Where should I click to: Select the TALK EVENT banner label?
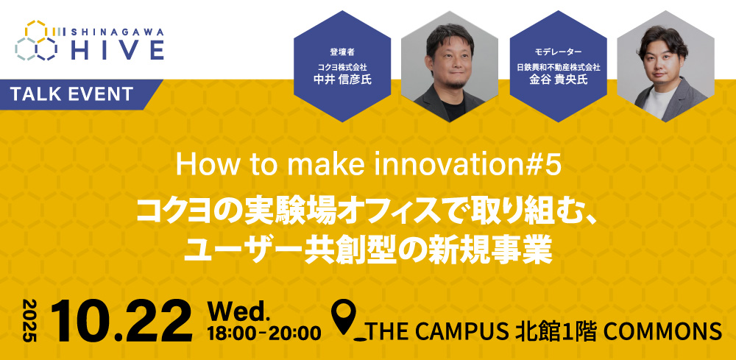(x=72, y=94)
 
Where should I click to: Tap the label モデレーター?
(x=557, y=52)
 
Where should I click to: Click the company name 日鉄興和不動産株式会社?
(x=557, y=66)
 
